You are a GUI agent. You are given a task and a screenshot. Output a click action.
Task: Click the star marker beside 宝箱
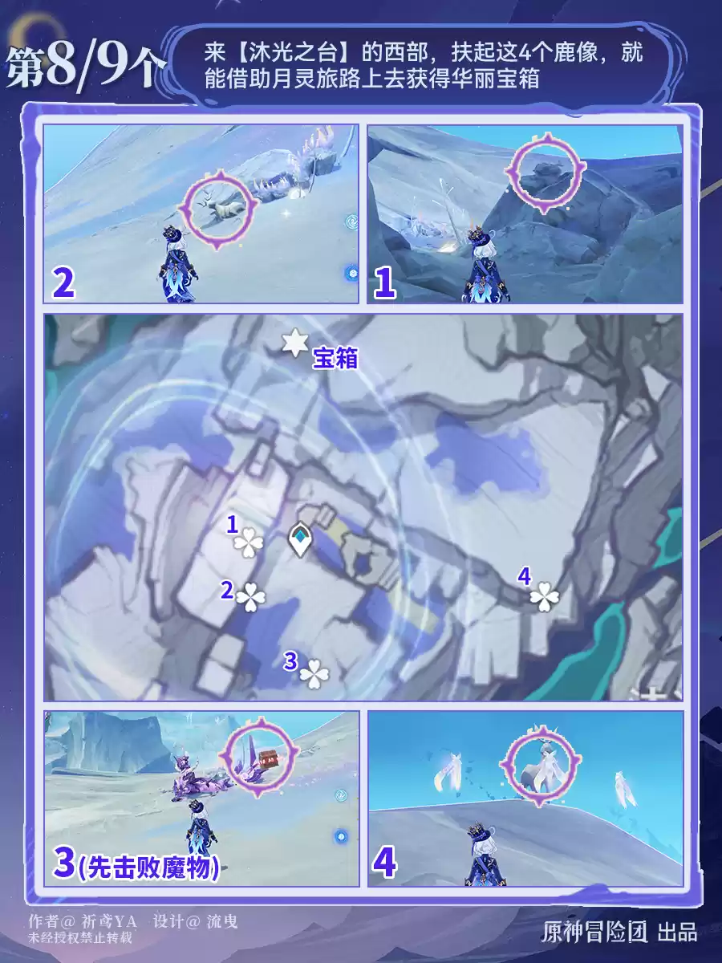[294, 343]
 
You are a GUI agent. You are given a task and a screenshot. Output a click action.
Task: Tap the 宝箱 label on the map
[335, 358]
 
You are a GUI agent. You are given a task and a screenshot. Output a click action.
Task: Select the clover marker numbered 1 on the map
[249, 543]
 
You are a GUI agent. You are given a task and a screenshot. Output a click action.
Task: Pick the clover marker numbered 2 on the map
[251, 597]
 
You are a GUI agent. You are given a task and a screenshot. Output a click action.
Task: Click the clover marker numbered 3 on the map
[314, 674]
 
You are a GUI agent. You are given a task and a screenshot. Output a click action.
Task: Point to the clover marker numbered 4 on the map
[545, 597]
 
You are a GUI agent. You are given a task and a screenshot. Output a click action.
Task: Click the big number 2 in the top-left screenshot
[63, 284]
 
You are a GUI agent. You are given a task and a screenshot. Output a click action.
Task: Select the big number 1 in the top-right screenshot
[384, 284]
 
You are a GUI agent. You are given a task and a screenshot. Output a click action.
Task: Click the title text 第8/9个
[84, 68]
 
